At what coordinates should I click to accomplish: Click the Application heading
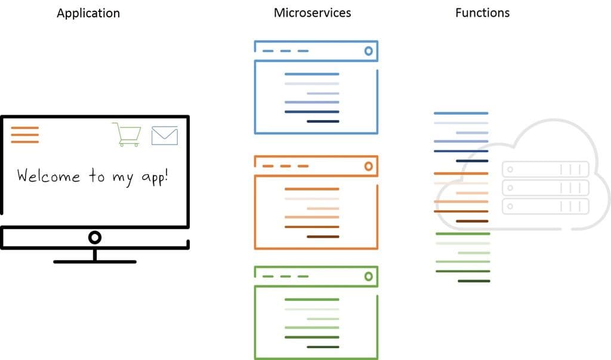pyautogui.click(x=88, y=13)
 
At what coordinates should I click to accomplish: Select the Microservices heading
pyautogui.click(x=312, y=13)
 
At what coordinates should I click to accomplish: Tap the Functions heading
pyautogui.click(x=482, y=13)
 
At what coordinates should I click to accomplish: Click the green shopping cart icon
pyautogui.click(x=127, y=134)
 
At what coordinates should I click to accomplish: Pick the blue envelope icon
pyautogui.click(x=165, y=136)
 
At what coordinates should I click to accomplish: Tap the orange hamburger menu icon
pyautogui.click(x=24, y=135)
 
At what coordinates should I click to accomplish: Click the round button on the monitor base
pyautogui.click(x=94, y=238)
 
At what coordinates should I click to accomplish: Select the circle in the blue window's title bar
pyautogui.click(x=368, y=51)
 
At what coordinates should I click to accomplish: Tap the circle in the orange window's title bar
pyautogui.click(x=368, y=165)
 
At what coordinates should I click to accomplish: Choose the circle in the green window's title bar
pyautogui.click(x=368, y=276)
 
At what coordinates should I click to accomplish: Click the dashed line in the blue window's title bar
pyautogui.click(x=285, y=51)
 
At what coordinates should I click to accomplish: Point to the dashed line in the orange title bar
pyautogui.click(x=285, y=166)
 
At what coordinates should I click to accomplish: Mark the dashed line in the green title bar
pyautogui.click(x=285, y=276)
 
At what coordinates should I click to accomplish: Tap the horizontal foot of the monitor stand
pyautogui.click(x=95, y=261)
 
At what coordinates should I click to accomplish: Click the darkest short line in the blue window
pyautogui.click(x=323, y=122)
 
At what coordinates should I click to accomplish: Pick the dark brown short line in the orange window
pyautogui.click(x=323, y=237)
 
